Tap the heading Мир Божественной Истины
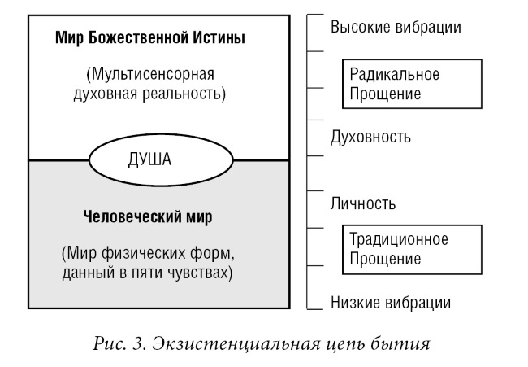click(x=150, y=37)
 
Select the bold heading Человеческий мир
click(x=148, y=216)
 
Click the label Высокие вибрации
click(x=396, y=27)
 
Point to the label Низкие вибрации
click(x=391, y=303)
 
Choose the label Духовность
click(x=370, y=138)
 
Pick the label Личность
click(x=362, y=203)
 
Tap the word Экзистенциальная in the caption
click(x=236, y=344)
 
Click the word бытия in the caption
click(x=400, y=344)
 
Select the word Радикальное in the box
click(x=394, y=74)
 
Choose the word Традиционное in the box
click(x=399, y=239)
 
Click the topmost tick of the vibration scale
click(x=315, y=15)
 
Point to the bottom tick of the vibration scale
click(x=315, y=308)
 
